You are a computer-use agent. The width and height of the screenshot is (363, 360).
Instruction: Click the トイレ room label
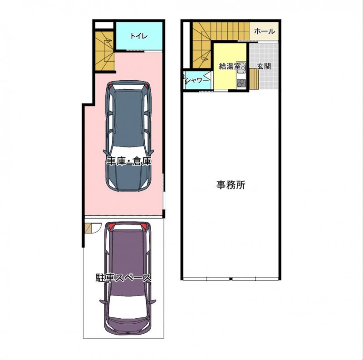tap(139, 36)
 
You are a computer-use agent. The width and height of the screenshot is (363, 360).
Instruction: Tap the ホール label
tap(264, 31)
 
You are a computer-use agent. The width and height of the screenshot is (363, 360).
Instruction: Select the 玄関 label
tap(264, 66)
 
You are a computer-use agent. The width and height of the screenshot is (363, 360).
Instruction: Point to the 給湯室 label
tap(230, 67)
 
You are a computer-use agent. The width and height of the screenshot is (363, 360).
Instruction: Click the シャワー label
tap(197, 81)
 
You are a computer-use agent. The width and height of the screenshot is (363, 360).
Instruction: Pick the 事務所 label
tap(231, 185)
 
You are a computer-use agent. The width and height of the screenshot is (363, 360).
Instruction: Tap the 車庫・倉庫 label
tap(129, 161)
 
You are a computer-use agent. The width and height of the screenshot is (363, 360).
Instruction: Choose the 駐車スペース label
tap(123, 278)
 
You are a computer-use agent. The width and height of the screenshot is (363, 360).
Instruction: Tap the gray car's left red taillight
tap(110, 86)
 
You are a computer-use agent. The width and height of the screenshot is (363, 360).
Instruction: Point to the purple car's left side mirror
tap(103, 302)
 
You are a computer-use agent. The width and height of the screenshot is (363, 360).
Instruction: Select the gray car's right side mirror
tap(152, 152)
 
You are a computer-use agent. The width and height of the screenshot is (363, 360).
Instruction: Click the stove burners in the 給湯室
tap(241, 83)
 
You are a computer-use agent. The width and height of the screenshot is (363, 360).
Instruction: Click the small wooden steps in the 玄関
tap(254, 79)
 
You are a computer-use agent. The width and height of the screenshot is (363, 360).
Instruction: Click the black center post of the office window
tap(231, 278)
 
